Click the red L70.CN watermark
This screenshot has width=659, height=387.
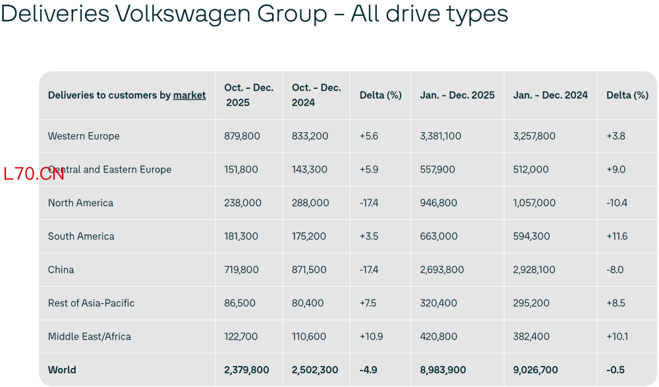tap(34, 174)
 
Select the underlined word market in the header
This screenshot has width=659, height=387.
tap(190, 95)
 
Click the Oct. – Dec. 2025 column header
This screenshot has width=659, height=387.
tap(249, 95)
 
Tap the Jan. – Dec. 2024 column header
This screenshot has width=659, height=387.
tap(550, 95)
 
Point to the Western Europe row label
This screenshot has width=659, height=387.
tap(84, 136)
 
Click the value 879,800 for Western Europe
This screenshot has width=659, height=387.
tap(242, 136)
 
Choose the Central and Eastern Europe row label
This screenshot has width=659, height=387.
tap(109, 170)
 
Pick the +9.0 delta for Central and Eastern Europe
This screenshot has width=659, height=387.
tap(616, 170)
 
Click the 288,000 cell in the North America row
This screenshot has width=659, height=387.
tap(310, 203)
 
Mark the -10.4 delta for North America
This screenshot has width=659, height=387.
tap(617, 203)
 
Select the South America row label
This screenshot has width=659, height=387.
tap(81, 236)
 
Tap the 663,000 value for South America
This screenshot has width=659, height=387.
tap(438, 236)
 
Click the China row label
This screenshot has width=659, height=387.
tap(61, 269)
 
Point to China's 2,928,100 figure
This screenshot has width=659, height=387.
tap(534, 269)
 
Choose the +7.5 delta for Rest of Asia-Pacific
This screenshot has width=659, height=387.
tap(368, 303)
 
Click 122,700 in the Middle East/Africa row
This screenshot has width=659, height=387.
tap(241, 336)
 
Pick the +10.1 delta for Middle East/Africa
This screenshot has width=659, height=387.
tap(617, 336)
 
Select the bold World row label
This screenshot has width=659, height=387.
tap(62, 370)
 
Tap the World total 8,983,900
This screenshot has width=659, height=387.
tap(443, 370)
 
